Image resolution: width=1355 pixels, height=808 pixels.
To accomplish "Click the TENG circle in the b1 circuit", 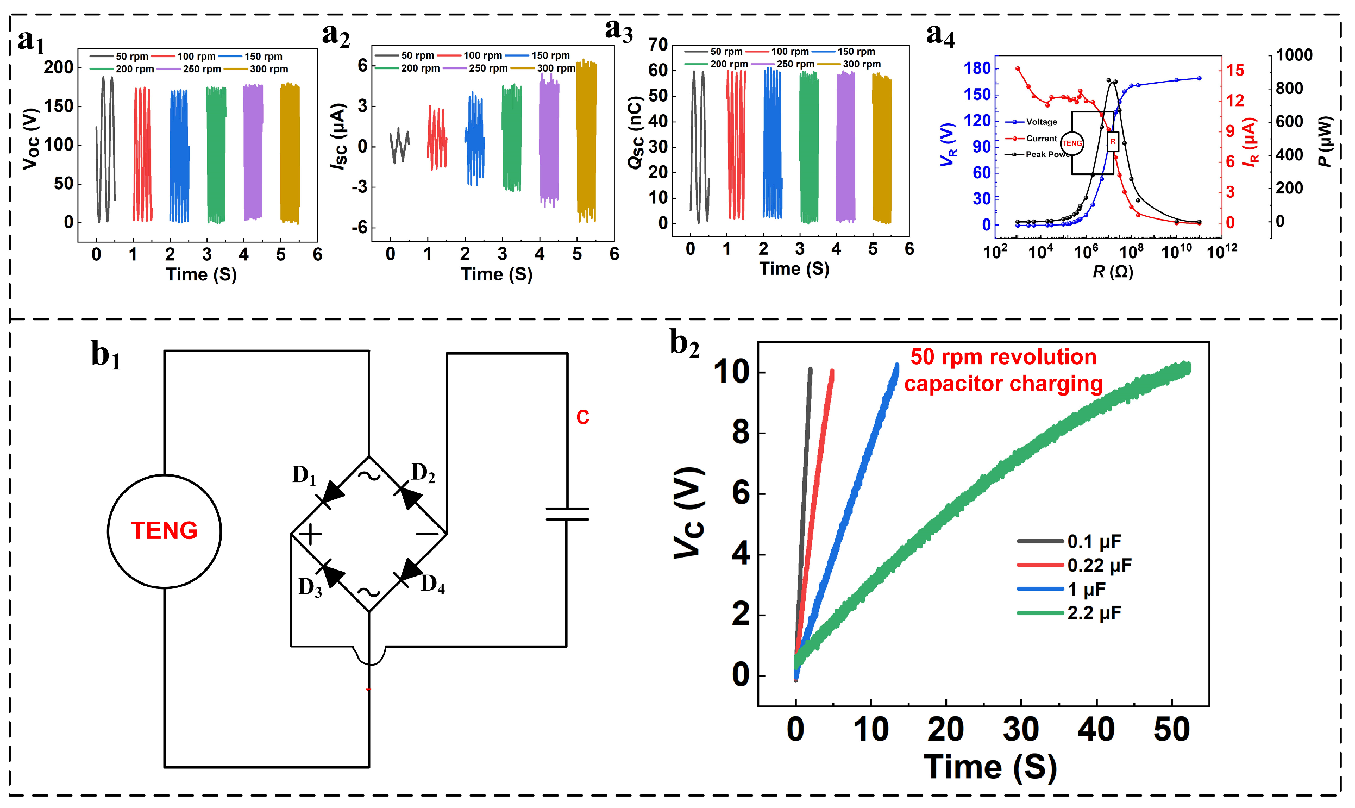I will pyautogui.click(x=164, y=531).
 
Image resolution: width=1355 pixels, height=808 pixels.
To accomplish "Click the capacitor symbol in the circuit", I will pyautogui.click(x=567, y=514).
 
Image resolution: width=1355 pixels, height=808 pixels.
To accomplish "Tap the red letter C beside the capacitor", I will pyautogui.click(x=582, y=418).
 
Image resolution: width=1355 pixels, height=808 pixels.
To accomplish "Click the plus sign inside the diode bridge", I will pyautogui.click(x=311, y=534).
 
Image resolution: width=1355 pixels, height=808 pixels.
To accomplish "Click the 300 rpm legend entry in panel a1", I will pyautogui.click(x=256, y=69).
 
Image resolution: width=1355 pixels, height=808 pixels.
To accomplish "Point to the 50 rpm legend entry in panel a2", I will pyautogui.click(x=404, y=55).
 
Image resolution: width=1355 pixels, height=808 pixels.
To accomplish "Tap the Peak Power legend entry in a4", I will pyautogui.click(x=1037, y=154).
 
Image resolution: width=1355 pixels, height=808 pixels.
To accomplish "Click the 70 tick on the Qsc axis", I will pyautogui.click(x=657, y=45).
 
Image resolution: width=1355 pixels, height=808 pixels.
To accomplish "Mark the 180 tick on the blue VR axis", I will pyautogui.click(x=977, y=68).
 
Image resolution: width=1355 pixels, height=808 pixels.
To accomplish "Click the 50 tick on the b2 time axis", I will pyautogui.click(x=1171, y=730).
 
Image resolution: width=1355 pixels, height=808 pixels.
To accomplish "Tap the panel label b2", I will pyautogui.click(x=684, y=344).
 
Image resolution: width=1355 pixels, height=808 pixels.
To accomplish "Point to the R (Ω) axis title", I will pyautogui.click(x=1113, y=271).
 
